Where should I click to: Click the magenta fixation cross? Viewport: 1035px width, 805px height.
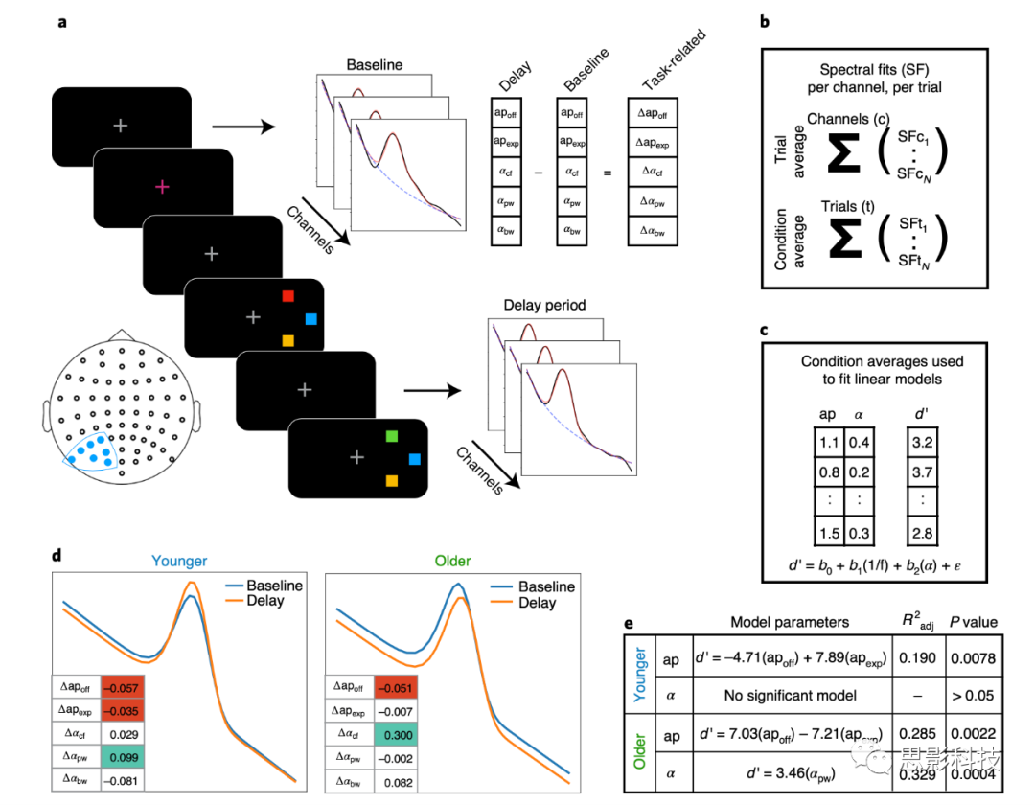pyautogui.click(x=162, y=187)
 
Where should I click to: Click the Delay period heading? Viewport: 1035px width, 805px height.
pyautogui.click(x=544, y=307)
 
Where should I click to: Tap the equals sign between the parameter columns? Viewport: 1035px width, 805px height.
pyautogui.click(x=605, y=174)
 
